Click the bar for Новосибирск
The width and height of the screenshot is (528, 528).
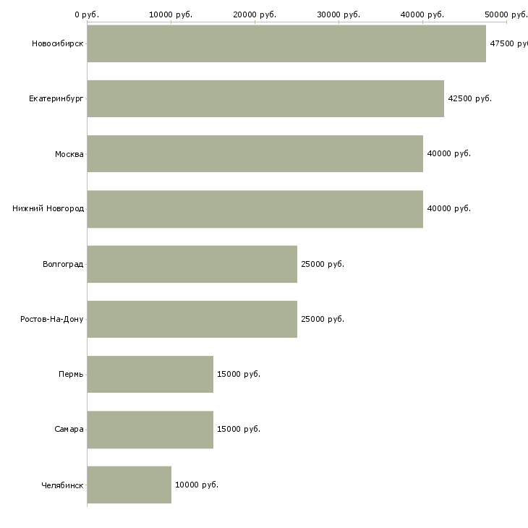[286, 43]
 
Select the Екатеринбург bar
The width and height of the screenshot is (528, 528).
[265, 98]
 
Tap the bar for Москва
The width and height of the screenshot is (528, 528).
[255, 153]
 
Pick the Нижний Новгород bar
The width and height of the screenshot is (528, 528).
[255, 208]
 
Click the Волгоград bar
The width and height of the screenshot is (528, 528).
[192, 264]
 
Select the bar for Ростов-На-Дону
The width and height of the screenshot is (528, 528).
[192, 319]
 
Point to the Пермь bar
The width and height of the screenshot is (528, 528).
[150, 374]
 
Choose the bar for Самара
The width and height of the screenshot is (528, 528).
[150, 429]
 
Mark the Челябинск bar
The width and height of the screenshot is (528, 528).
[129, 485]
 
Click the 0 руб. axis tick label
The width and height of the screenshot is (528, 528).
[87, 14]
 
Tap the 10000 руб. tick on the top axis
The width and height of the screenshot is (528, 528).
[171, 14]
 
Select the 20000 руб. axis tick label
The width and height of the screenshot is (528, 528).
[255, 14]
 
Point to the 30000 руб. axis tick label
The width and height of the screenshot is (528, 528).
[338, 14]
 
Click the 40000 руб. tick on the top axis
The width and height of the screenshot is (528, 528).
[422, 14]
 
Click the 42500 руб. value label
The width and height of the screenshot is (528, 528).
[469, 98]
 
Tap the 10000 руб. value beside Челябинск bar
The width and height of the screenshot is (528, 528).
[196, 485]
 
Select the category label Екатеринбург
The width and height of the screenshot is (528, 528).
[56, 98]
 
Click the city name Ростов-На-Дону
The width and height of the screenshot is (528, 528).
[52, 319]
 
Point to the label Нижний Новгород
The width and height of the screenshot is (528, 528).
[48, 208]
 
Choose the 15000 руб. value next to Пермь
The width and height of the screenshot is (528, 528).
[238, 374]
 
